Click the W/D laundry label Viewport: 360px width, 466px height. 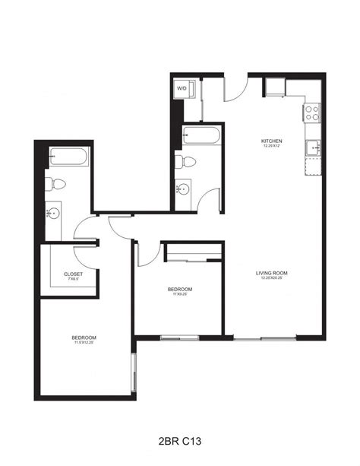(182, 89)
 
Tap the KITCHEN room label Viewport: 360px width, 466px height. (272, 141)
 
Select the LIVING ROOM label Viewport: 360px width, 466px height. (271, 272)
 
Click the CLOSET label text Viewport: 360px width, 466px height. (74, 274)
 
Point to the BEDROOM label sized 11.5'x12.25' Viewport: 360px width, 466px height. (84, 337)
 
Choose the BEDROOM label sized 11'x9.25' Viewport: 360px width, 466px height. (180, 289)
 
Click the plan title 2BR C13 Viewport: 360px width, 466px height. (180, 439)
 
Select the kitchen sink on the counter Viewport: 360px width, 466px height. (312, 146)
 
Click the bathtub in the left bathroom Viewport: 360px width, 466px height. (68, 158)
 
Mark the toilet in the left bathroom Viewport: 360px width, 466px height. (53, 184)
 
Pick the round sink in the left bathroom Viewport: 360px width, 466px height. (52, 213)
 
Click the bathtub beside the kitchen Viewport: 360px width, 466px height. (202, 136)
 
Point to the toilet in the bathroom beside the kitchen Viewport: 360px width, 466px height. (185, 161)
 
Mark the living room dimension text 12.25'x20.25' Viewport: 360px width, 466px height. (271, 278)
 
